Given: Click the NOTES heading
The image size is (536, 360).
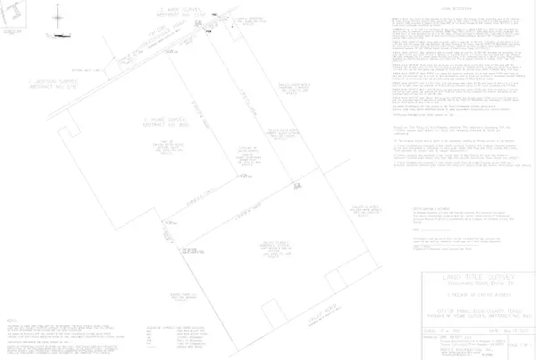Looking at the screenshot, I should point(12,318).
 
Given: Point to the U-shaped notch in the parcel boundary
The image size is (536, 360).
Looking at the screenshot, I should point(295,184).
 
